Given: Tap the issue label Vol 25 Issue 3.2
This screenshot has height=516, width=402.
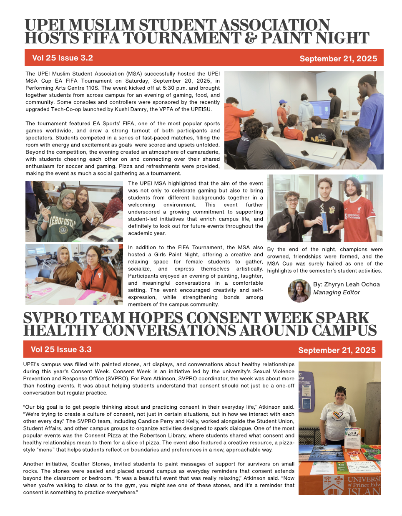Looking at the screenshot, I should coord(62,58).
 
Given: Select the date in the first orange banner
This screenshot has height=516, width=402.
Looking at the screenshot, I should coord(338,59).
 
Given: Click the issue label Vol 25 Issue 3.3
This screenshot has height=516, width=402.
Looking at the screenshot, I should coord(61,350).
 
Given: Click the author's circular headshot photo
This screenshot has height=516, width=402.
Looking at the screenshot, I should coord(299,291).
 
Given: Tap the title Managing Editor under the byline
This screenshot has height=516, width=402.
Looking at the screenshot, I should coord(337,292).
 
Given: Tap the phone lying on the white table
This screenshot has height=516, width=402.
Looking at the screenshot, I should coord(304,153).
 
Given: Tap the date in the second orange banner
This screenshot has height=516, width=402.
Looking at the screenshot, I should coord(337,351).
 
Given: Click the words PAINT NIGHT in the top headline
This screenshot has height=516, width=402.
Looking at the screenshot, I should coord(315,38).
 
